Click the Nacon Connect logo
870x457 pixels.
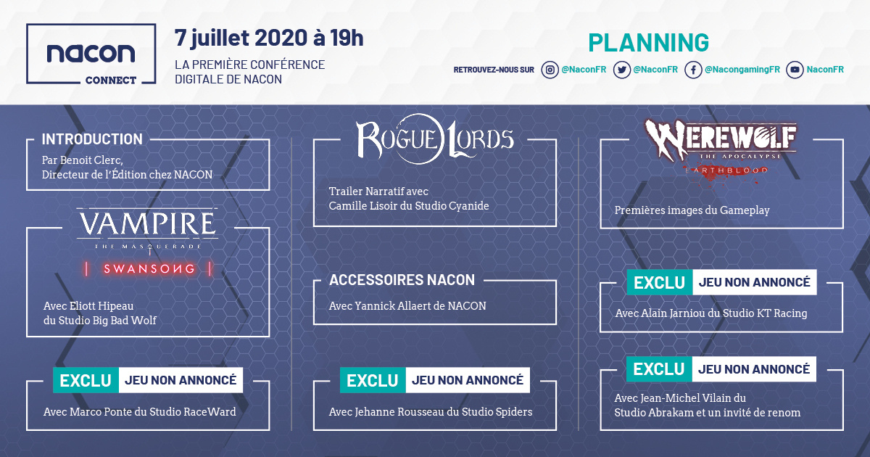coord(91,54)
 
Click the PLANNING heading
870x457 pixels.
coord(648,42)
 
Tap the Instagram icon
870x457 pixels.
coord(550,70)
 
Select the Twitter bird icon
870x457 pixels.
coord(622,70)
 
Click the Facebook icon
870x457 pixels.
coord(693,70)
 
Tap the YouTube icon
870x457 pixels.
coord(795,70)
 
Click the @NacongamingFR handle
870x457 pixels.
coord(742,70)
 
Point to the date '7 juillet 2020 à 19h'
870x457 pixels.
coord(269,38)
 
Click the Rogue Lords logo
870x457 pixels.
coord(434,139)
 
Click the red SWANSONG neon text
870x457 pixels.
coord(149,269)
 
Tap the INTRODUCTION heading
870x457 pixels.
coord(92,139)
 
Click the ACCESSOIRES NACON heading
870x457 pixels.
coord(402,280)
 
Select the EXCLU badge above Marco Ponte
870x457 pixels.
coord(86,380)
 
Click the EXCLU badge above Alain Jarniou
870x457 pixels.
coord(660,282)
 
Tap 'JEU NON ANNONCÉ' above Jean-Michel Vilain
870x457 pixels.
coord(754,369)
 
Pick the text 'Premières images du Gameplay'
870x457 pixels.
coord(692,210)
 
